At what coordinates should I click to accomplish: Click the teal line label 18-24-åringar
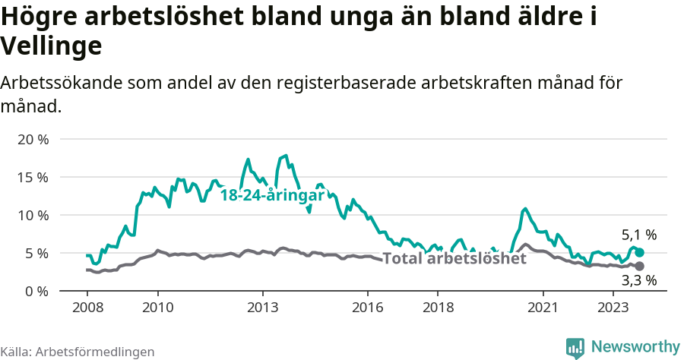point(272,195)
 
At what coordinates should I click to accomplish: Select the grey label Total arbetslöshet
point(454,258)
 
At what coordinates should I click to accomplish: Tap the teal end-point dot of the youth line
point(639,252)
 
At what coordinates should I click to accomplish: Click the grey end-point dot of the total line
point(639,266)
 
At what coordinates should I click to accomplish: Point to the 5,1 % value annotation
point(638,235)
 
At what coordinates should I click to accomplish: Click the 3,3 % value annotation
point(638,281)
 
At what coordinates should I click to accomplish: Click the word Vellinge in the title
point(51,47)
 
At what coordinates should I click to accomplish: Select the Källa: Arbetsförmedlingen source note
point(78,352)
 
